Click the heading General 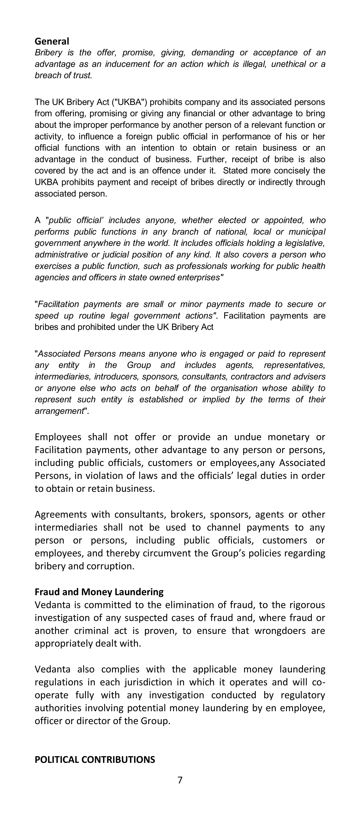point(52,41)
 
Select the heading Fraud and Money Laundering point(99,592)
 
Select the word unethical point(288,64)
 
